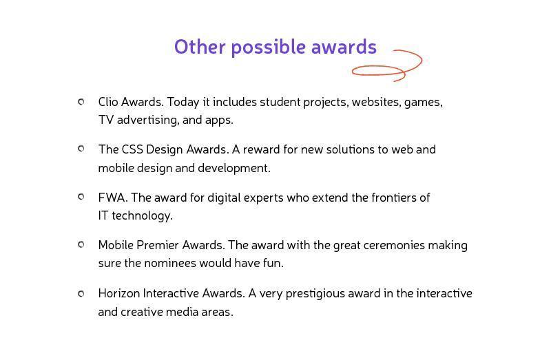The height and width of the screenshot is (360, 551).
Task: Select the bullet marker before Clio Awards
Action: pyautogui.click(x=81, y=102)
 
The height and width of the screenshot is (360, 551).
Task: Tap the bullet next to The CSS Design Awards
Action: pyautogui.click(x=81, y=149)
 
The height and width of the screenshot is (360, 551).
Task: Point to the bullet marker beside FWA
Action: pyautogui.click(x=81, y=197)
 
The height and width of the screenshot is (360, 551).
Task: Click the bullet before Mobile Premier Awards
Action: pyautogui.click(x=81, y=244)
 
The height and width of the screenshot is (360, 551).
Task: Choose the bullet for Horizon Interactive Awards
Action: pyautogui.click(x=81, y=293)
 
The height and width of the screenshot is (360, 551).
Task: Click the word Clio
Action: pyautogui.click(x=108, y=102)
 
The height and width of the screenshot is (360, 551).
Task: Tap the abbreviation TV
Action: pyautogui.click(x=106, y=120)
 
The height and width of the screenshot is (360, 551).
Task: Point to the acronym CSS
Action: pyautogui.click(x=132, y=149)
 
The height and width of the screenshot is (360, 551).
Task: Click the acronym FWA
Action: pyautogui.click(x=112, y=198)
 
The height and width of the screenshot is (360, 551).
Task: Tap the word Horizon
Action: pyautogui.click(x=119, y=293)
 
